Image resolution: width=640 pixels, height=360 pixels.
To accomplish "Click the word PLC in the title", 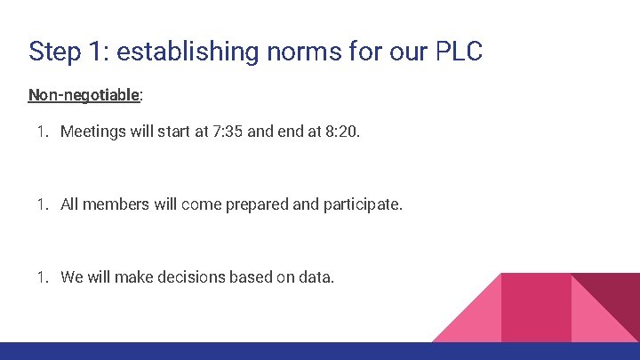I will coord(459,51).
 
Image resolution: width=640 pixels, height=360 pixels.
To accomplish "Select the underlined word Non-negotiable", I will coord(84,94).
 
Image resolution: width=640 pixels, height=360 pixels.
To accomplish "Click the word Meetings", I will coord(95,132).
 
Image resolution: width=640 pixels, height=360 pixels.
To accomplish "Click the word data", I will coord(316,277).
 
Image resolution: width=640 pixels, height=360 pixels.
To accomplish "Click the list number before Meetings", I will coord(42,132).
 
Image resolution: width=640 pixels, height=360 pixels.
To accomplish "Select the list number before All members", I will coord(42,204).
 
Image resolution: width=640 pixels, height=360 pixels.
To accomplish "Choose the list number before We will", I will coord(42,277).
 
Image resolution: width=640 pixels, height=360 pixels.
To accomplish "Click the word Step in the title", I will coord(52,51).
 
